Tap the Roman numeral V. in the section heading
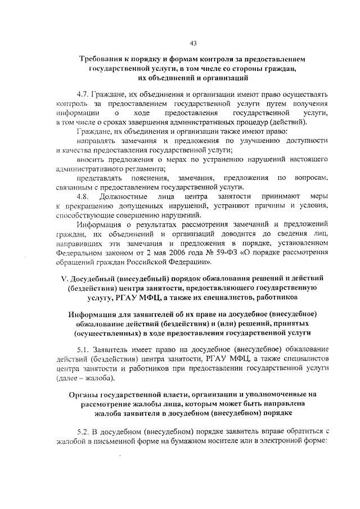coord(64,278)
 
